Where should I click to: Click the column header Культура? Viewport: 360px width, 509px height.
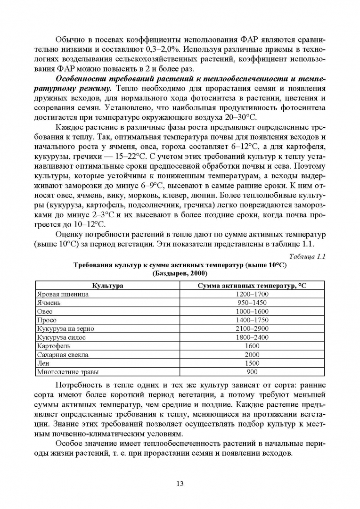click(x=107, y=286)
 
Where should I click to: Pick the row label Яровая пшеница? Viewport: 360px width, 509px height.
click(x=63, y=294)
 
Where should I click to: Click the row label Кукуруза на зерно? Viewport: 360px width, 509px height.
click(x=66, y=328)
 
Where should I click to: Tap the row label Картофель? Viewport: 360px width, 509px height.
click(x=53, y=346)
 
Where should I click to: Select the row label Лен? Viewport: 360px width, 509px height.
click(x=44, y=363)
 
